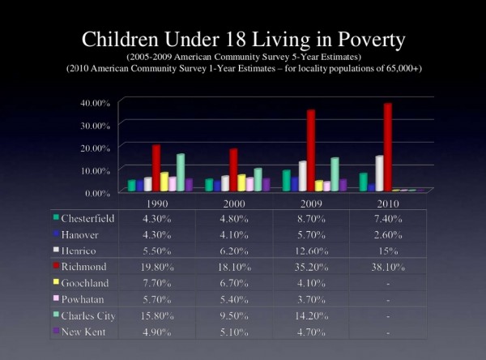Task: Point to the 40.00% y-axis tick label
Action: tap(96, 103)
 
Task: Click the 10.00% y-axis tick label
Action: tap(96, 170)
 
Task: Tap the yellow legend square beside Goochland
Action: tap(55, 282)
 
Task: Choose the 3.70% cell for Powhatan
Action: tap(311, 298)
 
